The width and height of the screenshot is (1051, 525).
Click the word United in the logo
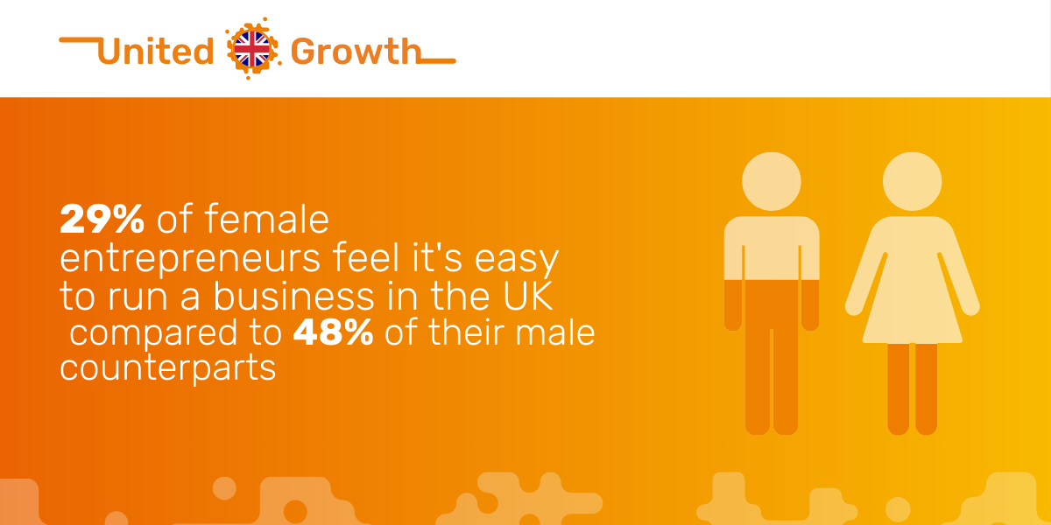click(x=156, y=51)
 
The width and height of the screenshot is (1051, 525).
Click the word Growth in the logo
click(x=356, y=51)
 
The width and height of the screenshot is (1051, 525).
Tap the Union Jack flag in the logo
click(x=252, y=49)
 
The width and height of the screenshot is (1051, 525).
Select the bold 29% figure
click(x=102, y=219)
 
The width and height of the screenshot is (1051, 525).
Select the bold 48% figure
click(x=333, y=332)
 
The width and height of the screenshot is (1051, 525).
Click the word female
click(x=266, y=219)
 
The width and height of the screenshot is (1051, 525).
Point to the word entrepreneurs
click(x=190, y=259)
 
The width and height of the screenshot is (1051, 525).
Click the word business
click(x=294, y=296)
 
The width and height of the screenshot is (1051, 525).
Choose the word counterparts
click(x=168, y=368)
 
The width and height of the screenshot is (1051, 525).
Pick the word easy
click(x=517, y=260)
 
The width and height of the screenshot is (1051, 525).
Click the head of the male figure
click(x=772, y=181)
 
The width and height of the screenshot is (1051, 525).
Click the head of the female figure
click(x=912, y=181)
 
